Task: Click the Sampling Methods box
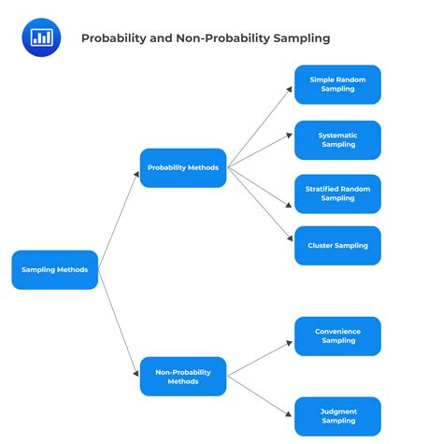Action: click(54, 269)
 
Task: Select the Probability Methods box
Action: click(183, 168)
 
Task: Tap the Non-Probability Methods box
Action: click(183, 377)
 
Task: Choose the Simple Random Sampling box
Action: click(337, 84)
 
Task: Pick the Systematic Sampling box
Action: click(337, 140)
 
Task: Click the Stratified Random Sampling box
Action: click(337, 193)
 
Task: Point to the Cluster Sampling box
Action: click(337, 246)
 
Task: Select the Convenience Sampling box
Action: click(337, 336)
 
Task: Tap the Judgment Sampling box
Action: click(337, 416)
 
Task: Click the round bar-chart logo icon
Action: click(41, 36)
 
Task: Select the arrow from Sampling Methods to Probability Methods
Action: click(119, 219)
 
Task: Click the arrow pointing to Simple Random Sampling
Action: click(261, 125)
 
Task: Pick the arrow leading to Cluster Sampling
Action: click(261, 207)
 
